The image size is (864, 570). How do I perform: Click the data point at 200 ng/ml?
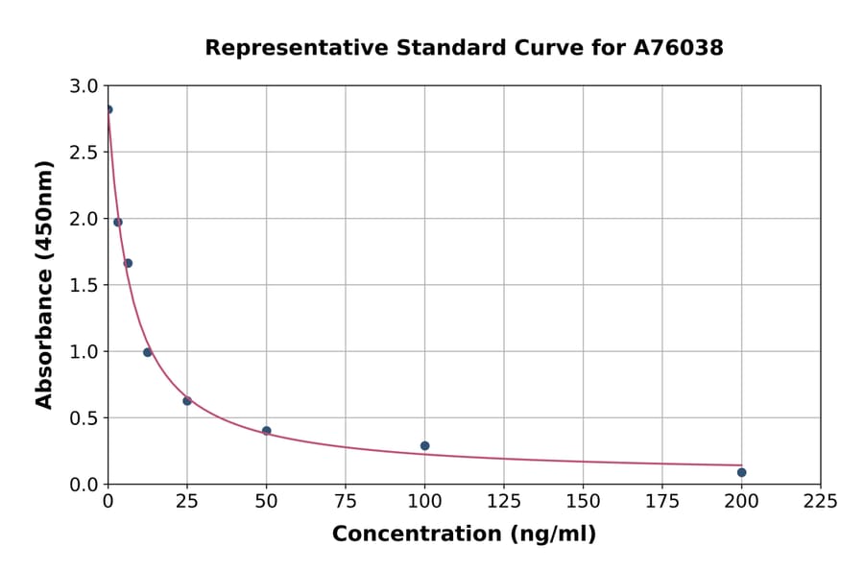(x=741, y=472)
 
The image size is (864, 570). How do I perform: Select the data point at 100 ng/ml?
(x=424, y=445)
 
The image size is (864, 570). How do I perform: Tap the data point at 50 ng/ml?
(x=266, y=431)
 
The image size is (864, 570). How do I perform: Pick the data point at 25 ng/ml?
(x=187, y=401)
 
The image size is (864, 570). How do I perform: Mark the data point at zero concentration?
(x=108, y=109)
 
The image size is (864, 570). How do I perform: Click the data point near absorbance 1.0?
(x=148, y=352)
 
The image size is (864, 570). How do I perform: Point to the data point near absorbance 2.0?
(x=118, y=222)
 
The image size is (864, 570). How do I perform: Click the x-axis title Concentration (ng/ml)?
(x=464, y=534)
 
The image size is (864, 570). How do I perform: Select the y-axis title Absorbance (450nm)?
(x=44, y=284)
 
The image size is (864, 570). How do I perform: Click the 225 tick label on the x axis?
(x=820, y=502)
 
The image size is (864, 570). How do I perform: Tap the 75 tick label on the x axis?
(x=346, y=502)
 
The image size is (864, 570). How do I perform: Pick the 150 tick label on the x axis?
(x=583, y=502)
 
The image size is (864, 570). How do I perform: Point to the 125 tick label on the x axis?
(x=504, y=502)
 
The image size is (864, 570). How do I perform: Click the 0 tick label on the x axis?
(x=108, y=502)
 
